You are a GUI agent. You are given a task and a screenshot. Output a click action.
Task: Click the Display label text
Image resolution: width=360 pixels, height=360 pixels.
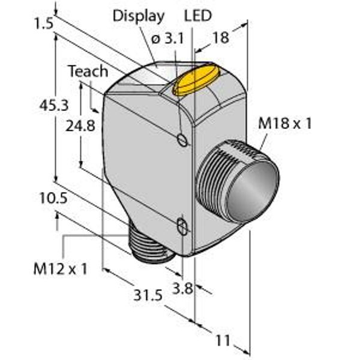point(139,17)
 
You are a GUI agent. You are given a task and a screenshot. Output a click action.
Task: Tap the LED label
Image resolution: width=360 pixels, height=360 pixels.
point(197,16)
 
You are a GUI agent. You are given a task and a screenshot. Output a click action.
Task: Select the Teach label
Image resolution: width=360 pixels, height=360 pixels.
point(88,71)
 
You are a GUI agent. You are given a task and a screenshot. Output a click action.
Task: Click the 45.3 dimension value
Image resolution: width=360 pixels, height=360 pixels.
point(54,106)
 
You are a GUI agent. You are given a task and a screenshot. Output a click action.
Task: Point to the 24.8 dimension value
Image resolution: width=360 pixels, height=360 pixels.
point(80,126)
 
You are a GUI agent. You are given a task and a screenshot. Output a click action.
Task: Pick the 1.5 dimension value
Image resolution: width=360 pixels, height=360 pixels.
point(44,23)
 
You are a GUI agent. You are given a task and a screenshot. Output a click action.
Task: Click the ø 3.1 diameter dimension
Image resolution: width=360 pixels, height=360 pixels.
point(168,38)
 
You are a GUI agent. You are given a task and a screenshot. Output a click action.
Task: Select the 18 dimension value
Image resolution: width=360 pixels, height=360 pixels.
point(221,38)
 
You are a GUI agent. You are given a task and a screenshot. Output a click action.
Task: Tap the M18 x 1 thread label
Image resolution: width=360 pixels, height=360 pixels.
point(284,123)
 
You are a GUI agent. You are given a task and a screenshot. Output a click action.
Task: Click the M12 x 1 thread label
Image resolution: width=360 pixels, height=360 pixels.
point(61,269)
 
